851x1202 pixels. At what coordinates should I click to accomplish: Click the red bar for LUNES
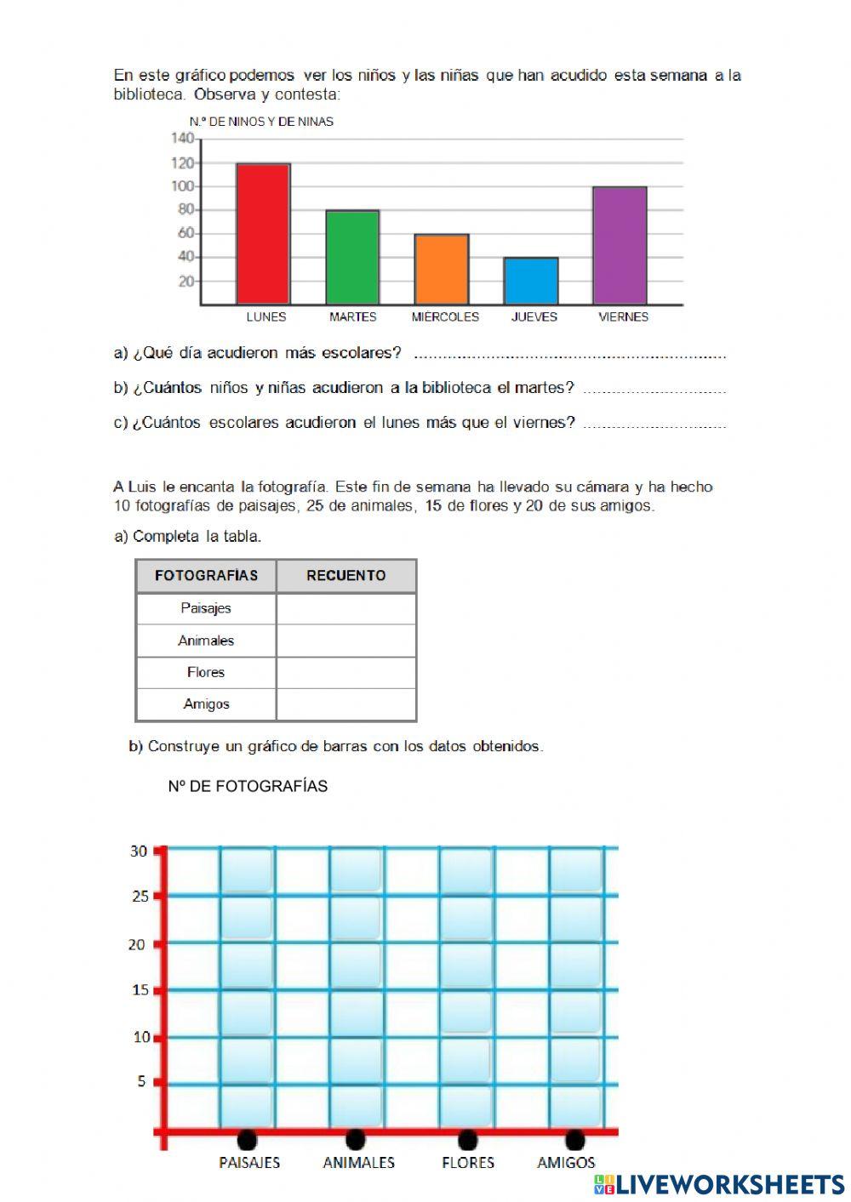tap(263, 234)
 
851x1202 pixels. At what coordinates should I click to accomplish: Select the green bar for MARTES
tap(352, 257)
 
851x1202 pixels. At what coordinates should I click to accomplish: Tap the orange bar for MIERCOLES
tap(441, 269)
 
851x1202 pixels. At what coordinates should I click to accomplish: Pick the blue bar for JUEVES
tap(531, 281)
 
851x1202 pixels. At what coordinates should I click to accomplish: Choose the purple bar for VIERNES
tap(620, 245)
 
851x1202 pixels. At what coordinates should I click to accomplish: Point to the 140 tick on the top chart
tap(182, 138)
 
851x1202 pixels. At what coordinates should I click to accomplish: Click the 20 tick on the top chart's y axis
tap(186, 282)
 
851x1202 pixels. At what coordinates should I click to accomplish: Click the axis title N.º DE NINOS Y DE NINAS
tap(261, 122)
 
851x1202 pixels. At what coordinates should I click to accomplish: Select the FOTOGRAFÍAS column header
tap(206, 576)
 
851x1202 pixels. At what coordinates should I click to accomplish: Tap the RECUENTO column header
tap(346, 576)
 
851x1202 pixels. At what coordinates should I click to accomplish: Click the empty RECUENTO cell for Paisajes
tap(346, 608)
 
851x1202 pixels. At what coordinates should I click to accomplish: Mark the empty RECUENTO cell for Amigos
tap(346, 704)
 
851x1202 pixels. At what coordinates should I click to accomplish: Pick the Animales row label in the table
tap(206, 641)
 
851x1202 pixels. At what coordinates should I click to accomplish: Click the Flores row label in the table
tap(206, 672)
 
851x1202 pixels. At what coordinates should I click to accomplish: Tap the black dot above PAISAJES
tap(247, 1138)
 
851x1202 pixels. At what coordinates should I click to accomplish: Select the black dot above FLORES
tap(466, 1138)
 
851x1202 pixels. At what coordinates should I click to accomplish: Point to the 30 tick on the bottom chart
tap(139, 851)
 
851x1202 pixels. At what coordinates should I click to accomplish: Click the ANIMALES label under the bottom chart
tap(358, 1162)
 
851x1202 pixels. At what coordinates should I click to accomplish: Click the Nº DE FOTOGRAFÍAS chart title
tap(248, 786)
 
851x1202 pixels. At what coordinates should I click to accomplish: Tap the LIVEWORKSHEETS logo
tap(719, 1184)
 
